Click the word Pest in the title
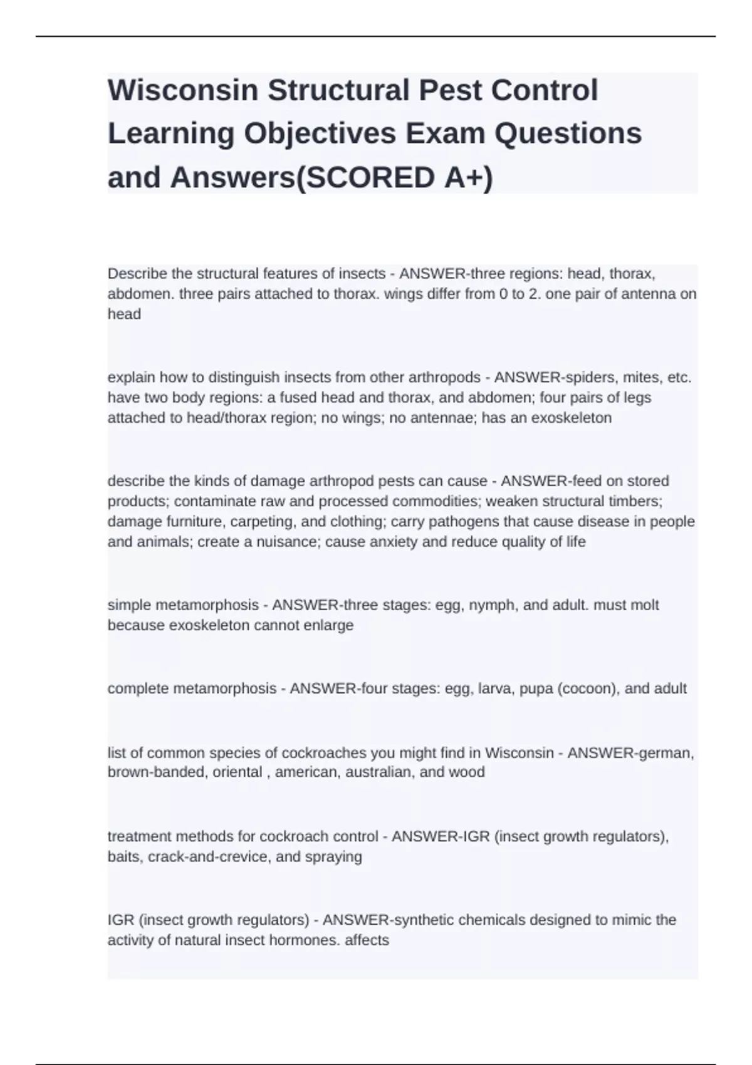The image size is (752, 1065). click(451, 90)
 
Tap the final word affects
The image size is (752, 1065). click(367, 940)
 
